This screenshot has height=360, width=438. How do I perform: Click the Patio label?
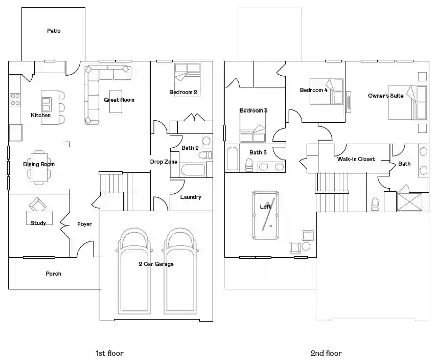[54, 31]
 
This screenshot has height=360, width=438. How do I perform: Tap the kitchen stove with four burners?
[15, 100]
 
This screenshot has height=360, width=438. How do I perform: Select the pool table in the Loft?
[265, 215]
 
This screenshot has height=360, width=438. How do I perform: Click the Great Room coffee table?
[116, 101]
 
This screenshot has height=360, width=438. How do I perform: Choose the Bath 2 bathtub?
[193, 170]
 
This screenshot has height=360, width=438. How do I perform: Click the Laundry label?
[191, 197]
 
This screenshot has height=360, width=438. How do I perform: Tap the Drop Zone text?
[164, 162]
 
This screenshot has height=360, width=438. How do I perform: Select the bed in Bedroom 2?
[187, 80]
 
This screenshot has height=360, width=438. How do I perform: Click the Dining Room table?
[39, 167]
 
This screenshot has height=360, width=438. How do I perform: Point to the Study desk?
[39, 218]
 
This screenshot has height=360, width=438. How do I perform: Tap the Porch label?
[53, 274]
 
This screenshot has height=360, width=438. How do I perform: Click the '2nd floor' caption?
[326, 353]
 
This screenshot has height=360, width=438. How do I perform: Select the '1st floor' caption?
[109, 353]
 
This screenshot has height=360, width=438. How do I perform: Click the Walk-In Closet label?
[356, 159]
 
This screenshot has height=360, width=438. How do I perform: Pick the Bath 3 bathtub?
[233, 159]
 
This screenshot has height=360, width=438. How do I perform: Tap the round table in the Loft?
[306, 246]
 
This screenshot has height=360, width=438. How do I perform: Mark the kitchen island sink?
[46, 104]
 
